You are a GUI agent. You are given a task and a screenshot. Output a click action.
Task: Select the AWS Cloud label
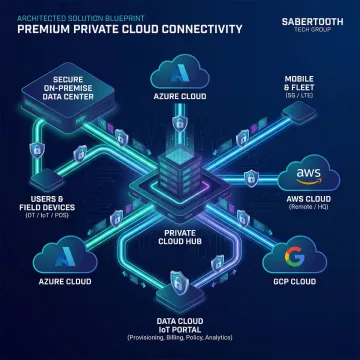pos(310,198)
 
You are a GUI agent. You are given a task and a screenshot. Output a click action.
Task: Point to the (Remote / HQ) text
pos(310,207)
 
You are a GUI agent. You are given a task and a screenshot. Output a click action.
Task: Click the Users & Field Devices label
pos(36,198)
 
